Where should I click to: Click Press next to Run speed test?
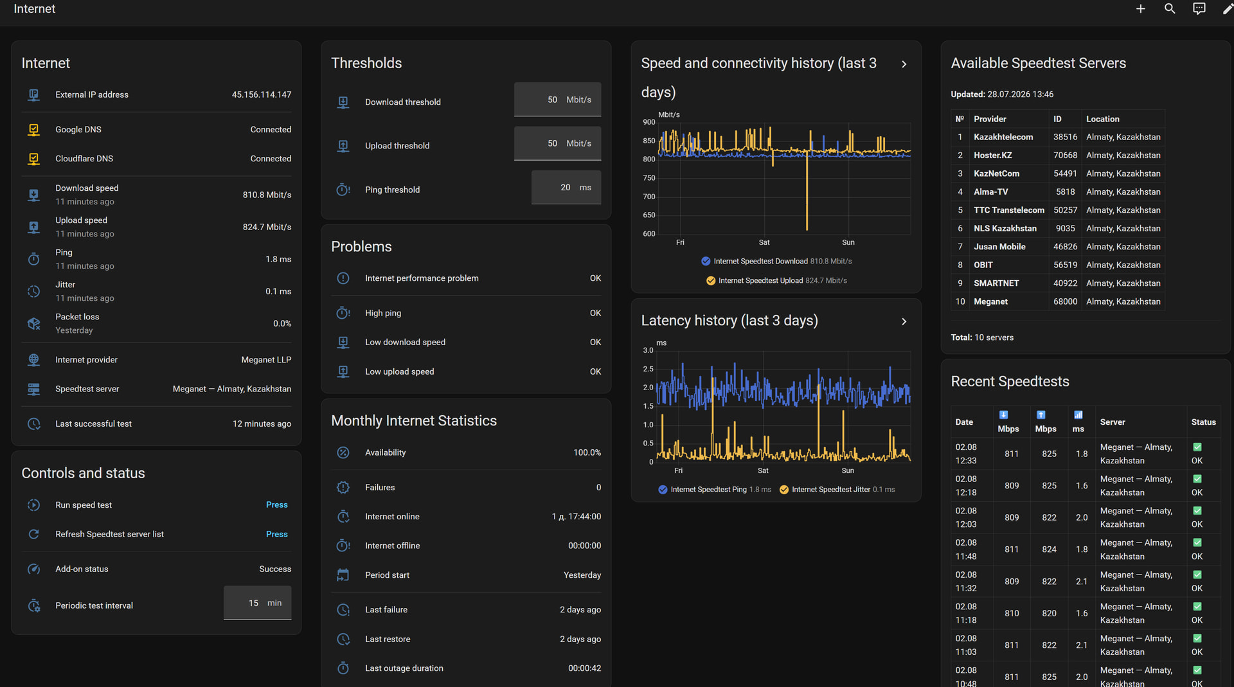pyautogui.click(x=276, y=505)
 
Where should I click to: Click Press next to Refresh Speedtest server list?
pyautogui.click(x=276, y=535)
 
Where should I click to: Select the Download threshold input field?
pyautogui.click(x=557, y=100)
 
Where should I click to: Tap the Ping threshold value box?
pyautogui.click(x=566, y=188)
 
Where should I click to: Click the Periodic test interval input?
pyautogui.click(x=257, y=603)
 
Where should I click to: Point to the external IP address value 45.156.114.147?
pyautogui.click(x=262, y=94)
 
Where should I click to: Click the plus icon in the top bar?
pyautogui.click(x=1140, y=9)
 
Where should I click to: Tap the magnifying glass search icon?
pyautogui.click(x=1170, y=9)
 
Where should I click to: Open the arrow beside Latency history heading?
pyautogui.click(x=904, y=321)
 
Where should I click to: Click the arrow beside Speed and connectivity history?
pyautogui.click(x=904, y=64)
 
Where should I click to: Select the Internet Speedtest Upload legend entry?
pyautogui.click(x=776, y=281)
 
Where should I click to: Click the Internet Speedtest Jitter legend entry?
pyautogui.click(x=837, y=490)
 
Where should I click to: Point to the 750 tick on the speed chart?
pyautogui.click(x=649, y=178)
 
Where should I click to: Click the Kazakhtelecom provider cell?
pyautogui.click(x=1003, y=137)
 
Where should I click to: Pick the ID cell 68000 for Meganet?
pyautogui.click(x=1065, y=301)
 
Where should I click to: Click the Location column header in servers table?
pyautogui.click(x=1102, y=119)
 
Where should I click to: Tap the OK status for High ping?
pyautogui.click(x=595, y=313)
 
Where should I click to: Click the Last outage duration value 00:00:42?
pyautogui.click(x=584, y=668)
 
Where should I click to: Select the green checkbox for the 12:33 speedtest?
pyautogui.click(x=1197, y=447)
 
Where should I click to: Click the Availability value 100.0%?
pyautogui.click(x=587, y=452)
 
